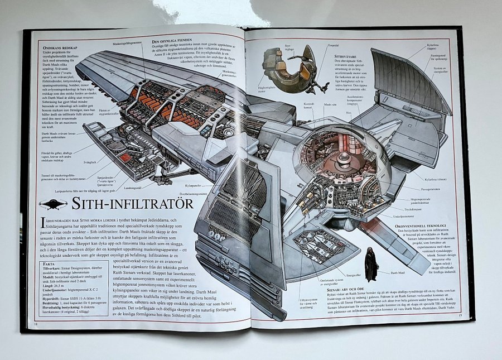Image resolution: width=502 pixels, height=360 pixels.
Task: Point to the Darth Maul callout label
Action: coord(397,272)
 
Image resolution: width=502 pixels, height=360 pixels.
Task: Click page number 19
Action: coord(460,317)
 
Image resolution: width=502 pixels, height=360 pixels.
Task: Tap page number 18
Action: coord(37,324)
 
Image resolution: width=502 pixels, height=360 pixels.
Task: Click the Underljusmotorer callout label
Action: coord(403,215)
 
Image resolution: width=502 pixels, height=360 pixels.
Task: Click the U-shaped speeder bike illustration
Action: coord(293,70)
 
